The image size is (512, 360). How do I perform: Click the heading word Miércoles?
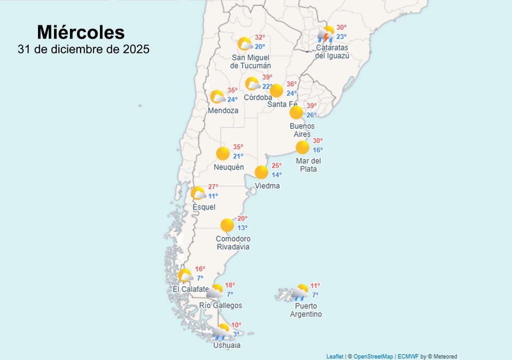coord(80,32)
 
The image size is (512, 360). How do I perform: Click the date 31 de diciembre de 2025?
coord(83,49)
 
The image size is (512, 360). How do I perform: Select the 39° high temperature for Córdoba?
coord(267,77)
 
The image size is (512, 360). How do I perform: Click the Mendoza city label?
coord(223,110)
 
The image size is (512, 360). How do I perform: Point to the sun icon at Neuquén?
coord(223,153)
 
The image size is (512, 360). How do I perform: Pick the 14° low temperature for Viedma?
coord(276,174)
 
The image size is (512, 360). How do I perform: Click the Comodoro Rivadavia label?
coord(233,243)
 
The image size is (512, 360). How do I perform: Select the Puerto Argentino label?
coord(306,310)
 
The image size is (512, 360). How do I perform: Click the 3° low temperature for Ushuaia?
coord(236,334)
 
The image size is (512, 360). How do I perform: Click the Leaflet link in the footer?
coord(334,356)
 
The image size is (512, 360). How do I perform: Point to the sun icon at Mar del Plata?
coord(302,147)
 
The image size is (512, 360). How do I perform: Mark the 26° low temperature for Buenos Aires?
coord(311,115)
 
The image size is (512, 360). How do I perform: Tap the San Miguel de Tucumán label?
coord(250,61)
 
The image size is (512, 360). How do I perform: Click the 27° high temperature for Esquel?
coord(213,186)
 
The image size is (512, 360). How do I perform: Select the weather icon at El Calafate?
coord(185,275)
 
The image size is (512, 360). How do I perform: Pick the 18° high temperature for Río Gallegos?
coord(229,285)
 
